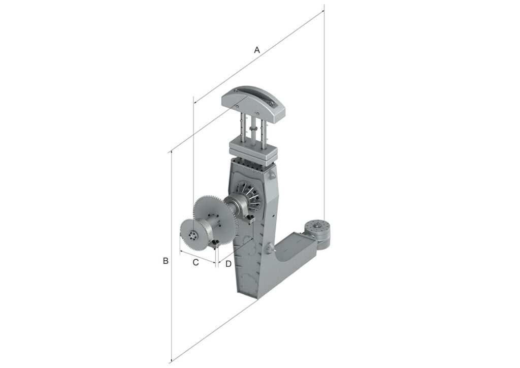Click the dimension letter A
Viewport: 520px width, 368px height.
coord(257,50)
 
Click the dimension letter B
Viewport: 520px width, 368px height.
coord(166,261)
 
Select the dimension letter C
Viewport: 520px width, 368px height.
coord(196,262)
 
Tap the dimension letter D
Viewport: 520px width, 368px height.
coord(228,264)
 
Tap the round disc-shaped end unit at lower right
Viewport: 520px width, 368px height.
coord(317,232)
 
